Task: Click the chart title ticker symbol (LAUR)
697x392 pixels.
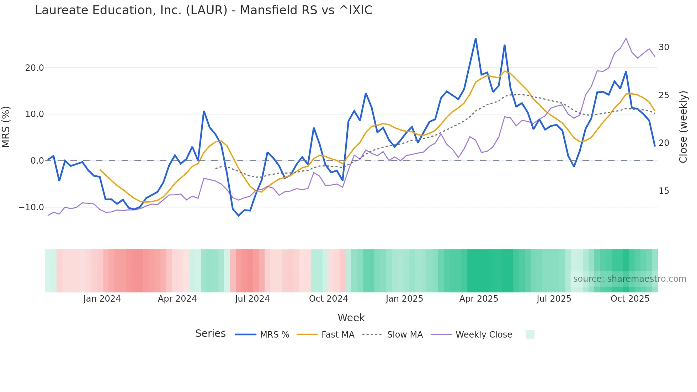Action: click(207, 10)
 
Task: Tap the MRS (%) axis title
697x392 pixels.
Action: click(6, 127)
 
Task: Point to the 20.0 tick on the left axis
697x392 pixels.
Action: click(34, 68)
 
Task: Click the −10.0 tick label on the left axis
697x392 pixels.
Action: click(31, 207)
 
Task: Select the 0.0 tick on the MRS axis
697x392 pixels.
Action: click(37, 161)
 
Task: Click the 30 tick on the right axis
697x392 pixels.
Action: click(664, 47)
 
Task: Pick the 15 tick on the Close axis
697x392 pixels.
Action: click(664, 191)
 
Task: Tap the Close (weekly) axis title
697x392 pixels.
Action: click(683, 127)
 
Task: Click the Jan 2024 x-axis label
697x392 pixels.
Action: click(102, 299)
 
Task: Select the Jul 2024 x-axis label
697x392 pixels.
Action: click(252, 299)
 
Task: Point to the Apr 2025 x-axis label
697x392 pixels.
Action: click(479, 299)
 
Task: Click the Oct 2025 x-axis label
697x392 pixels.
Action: click(630, 299)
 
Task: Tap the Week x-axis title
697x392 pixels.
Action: click(351, 318)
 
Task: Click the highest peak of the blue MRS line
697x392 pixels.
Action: click(476, 39)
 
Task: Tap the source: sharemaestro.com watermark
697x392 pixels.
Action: click(629, 279)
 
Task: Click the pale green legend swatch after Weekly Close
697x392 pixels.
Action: click(530, 334)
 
